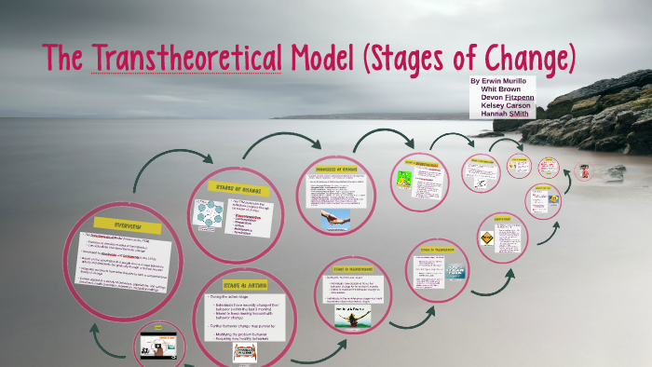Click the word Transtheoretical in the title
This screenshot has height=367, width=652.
tap(185, 60)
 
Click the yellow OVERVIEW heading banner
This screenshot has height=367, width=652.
tap(127, 226)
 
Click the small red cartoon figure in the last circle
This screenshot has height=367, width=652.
tap(585, 171)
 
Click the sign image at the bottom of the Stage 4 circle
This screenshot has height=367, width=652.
tap(245, 353)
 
